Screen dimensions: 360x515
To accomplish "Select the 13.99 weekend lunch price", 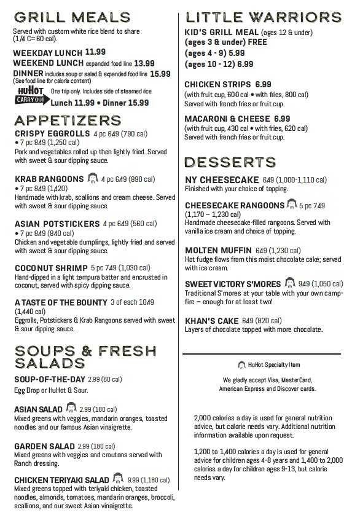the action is tap(144, 63).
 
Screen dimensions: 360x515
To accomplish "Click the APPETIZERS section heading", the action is tap(70, 119).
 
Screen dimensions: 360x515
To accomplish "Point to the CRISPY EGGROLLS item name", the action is tap(52, 134).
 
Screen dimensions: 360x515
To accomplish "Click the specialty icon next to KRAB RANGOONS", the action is tap(93, 179).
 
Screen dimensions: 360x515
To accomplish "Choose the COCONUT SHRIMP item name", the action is tap(50, 268).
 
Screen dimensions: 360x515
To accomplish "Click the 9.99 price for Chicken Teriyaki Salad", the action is tap(134, 479).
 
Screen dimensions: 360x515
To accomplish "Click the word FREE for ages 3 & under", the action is tap(245, 42).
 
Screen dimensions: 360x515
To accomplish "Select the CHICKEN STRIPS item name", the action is tap(217, 84).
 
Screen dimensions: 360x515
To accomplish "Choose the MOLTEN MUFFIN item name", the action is tap(218, 251).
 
